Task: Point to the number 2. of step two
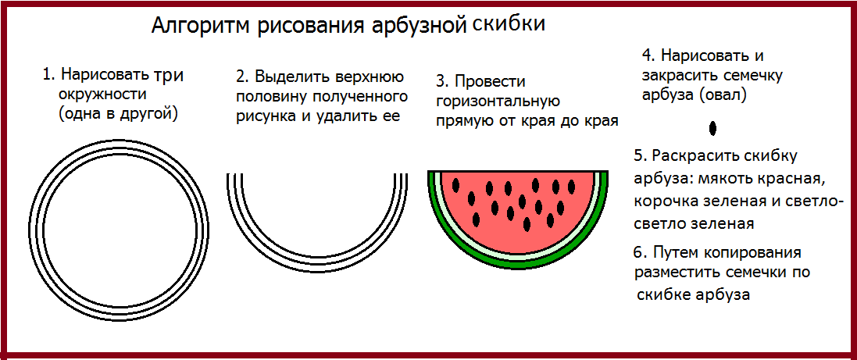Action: tap(243, 76)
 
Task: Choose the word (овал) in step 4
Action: tap(721, 95)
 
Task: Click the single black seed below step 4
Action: tap(712, 128)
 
